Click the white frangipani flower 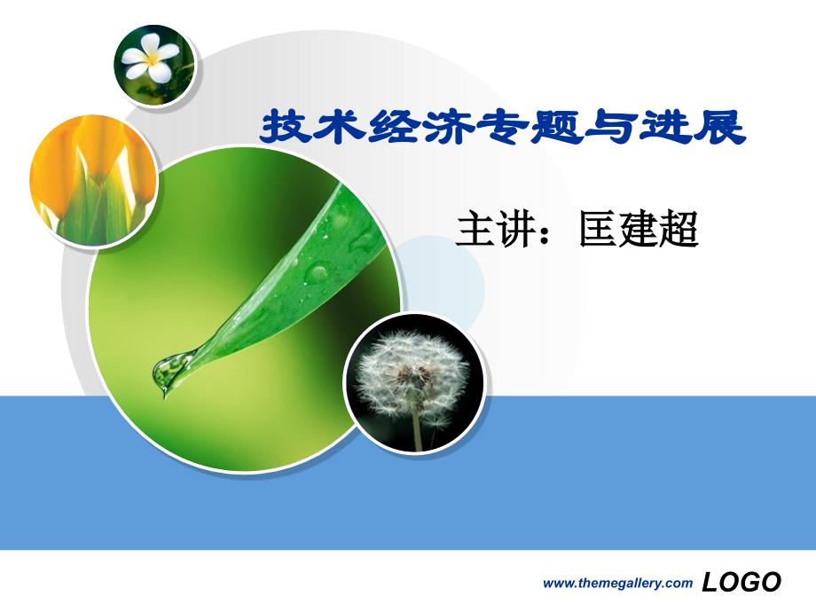click(151, 59)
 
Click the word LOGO click(741, 582)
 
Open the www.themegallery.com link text click(617, 584)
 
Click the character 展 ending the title click(719, 127)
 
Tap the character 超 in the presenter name click(679, 229)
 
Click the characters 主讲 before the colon click(496, 229)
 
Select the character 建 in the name click(638, 229)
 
